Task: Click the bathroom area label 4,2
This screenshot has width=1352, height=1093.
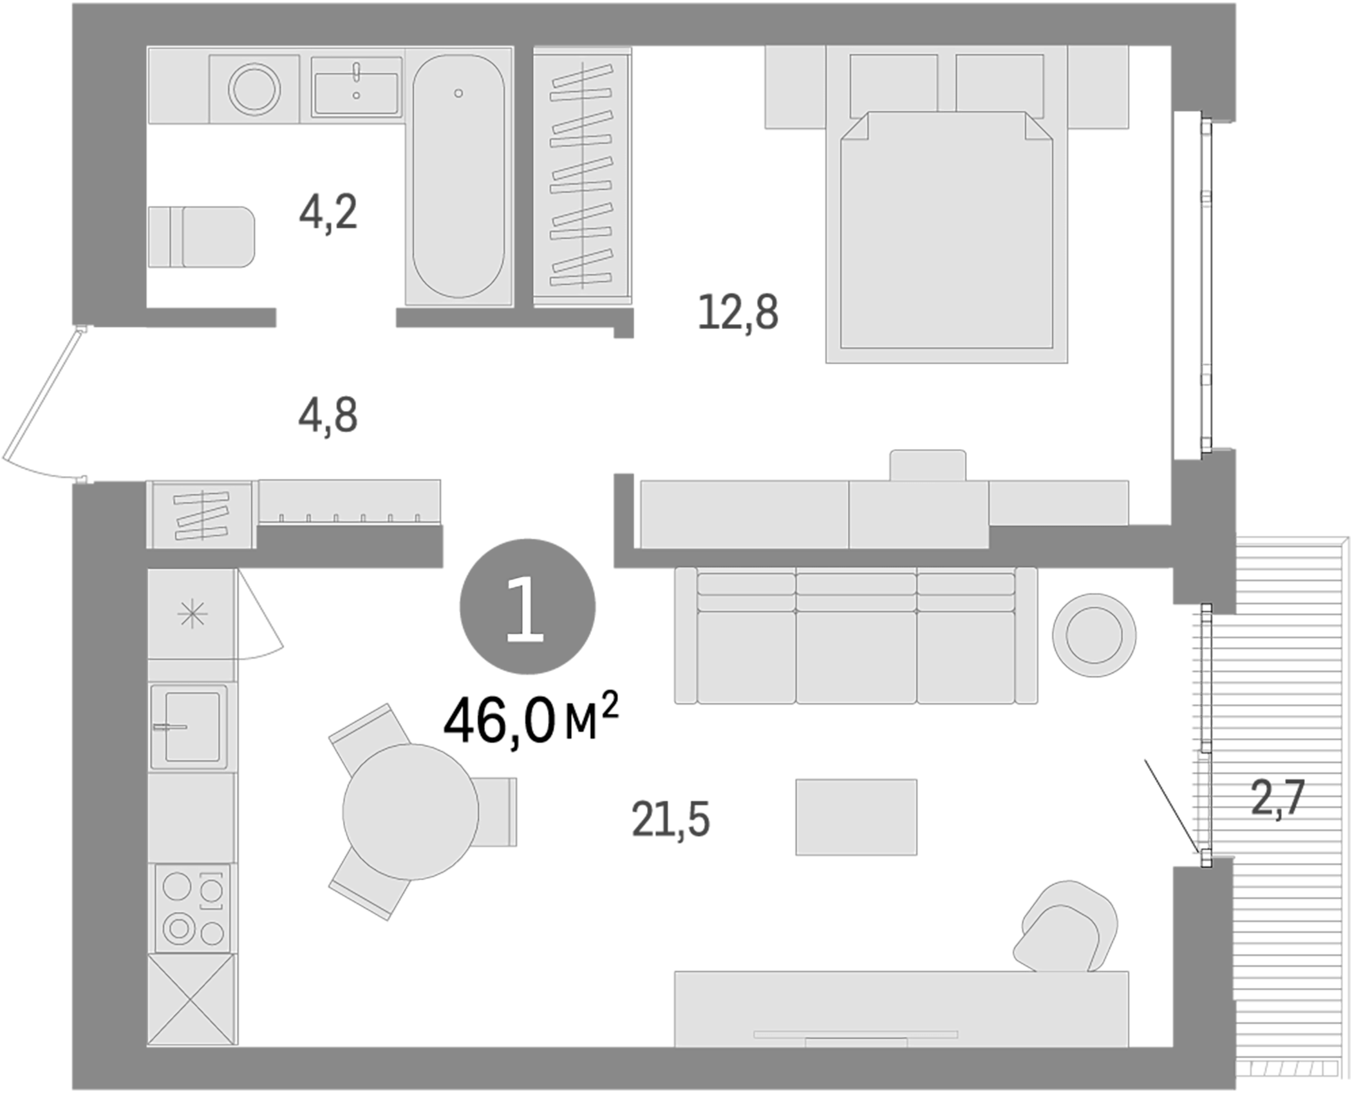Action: point(328,213)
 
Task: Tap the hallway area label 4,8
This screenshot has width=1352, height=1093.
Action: point(328,416)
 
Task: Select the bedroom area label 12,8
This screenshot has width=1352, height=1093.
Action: point(738,313)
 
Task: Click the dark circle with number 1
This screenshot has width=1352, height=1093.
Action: point(527,607)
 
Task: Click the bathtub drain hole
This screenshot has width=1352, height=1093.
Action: point(458,93)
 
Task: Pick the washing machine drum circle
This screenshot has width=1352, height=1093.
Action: point(254,89)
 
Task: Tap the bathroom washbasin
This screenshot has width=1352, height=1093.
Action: point(356,87)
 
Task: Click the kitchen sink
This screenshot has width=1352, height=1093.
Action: point(191,727)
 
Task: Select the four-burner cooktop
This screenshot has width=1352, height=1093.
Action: point(192,908)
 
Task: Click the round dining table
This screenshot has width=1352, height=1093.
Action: point(410,812)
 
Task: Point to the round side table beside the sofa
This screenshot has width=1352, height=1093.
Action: point(1094,635)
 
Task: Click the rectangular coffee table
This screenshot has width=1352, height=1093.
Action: point(856,817)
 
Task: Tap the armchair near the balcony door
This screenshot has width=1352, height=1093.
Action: point(1066,928)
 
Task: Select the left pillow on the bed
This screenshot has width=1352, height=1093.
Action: point(893,85)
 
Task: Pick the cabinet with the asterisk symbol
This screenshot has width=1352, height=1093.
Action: point(192,614)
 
